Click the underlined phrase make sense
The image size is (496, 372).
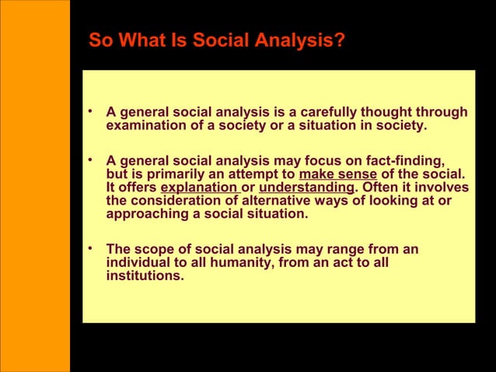pyautogui.click(x=337, y=174)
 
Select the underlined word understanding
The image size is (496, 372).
pyautogui.click(x=306, y=188)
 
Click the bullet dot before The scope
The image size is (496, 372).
pyautogui.click(x=92, y=249)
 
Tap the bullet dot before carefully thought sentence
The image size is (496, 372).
pyautogui.click(x=92, y=112)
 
